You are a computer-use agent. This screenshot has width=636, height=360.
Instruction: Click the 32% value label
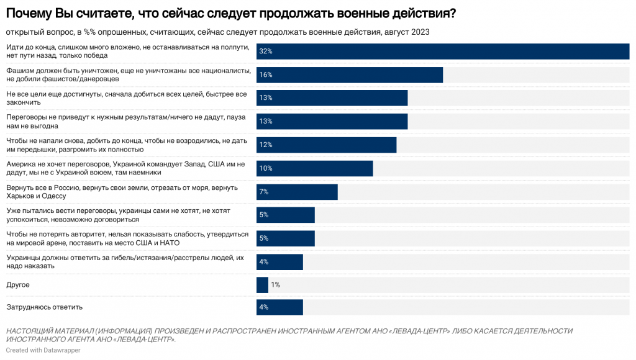(x=266, y=52)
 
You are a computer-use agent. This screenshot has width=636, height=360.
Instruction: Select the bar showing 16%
(x=350, y=74)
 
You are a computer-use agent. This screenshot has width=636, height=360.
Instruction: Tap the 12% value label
(x=266, y=145)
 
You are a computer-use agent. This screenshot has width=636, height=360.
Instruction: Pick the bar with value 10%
(x=314, y=168)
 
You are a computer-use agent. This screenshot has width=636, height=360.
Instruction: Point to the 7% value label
(x=264, y=192)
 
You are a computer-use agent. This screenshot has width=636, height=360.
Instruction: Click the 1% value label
(x=275, y=285)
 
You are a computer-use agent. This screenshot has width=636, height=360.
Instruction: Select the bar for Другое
(x=262, y=285)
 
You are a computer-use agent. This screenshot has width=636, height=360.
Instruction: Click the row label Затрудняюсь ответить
(x=44, y=307)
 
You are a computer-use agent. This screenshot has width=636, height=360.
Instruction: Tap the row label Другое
(x=18, y=285)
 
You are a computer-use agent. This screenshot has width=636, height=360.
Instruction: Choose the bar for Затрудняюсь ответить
(x=279, y=307)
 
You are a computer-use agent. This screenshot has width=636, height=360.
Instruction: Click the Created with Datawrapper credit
(x=43, y=350)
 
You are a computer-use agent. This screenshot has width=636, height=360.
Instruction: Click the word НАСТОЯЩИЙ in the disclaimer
(x=30, y=331)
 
